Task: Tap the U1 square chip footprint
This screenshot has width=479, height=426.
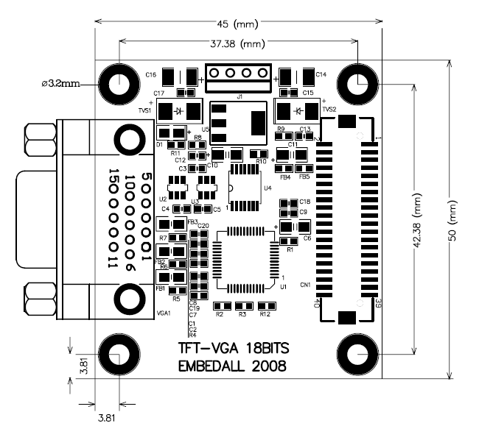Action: [251, 258]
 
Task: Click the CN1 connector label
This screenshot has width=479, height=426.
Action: [305, 284]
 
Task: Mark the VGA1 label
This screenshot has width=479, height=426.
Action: [164, 312]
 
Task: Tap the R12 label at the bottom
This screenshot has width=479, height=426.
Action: [265, 314]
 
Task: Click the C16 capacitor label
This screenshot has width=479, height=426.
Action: [150, 74]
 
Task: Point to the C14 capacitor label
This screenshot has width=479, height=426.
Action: [321, 74]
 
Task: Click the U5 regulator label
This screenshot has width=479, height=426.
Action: [206, 129]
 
